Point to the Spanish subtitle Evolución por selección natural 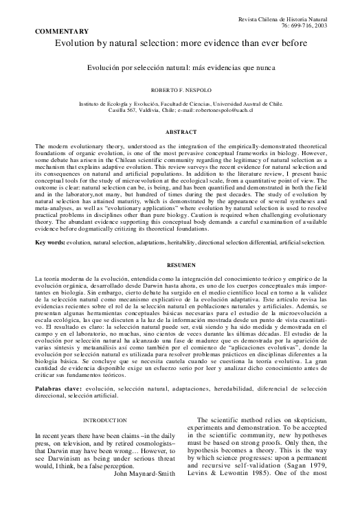click(181, 69)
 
